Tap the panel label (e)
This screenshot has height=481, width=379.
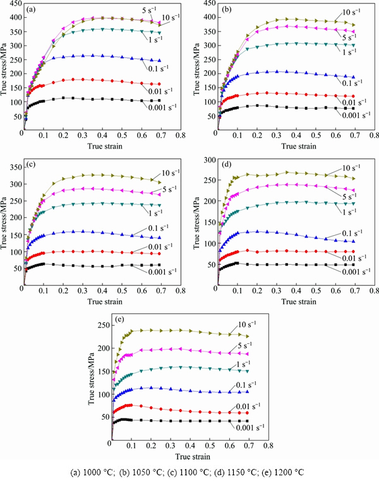click(120, 318)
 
